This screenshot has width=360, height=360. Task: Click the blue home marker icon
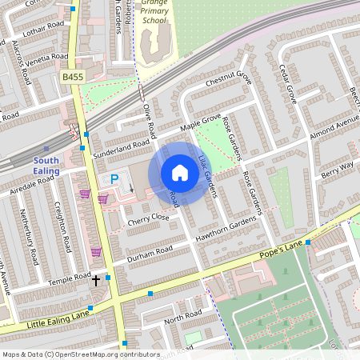pyautogui.click(x=180, y=173)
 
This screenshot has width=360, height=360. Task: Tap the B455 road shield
pyautogui.click(x=72, y=77)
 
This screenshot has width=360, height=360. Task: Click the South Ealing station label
pyautogui.click(x=46, y=165)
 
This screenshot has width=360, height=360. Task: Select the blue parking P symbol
pyautogui.click(x=114, y=179)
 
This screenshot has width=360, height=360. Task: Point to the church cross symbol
pyautogui.click(x=96, y=281)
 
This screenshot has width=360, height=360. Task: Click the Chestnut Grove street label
pyautogui.click(x=229, y=79)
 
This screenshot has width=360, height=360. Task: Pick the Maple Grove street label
pyautogui.click(x=200, y=122)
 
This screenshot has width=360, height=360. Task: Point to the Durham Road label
pyautogui.click(x=150, y=250)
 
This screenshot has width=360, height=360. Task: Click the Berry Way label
pyautogui.click(x=337, y=168)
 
